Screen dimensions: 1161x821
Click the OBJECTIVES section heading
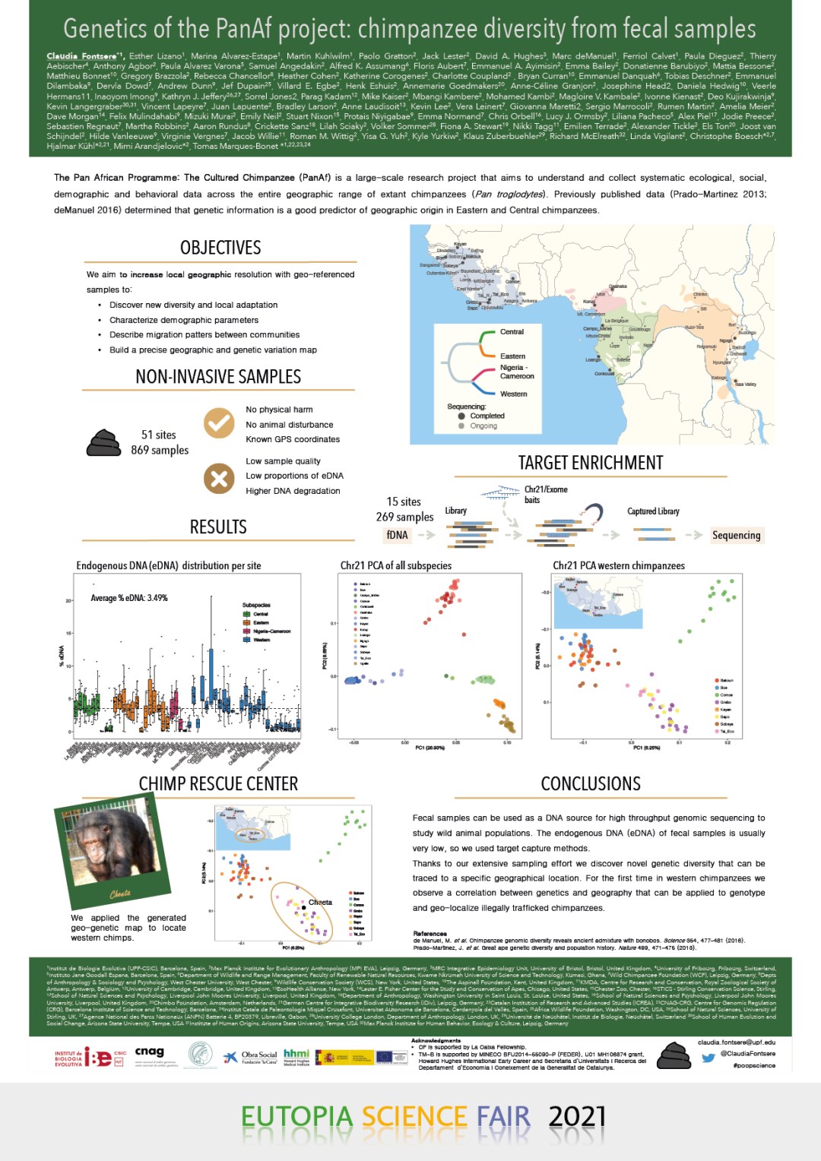point(220,248)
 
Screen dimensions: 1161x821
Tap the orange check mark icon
point(219,422)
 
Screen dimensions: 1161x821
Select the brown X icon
point(219,479)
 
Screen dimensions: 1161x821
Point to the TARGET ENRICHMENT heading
point(590,463)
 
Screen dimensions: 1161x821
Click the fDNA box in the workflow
point(397,535)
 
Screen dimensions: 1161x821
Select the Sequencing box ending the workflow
point(736,535)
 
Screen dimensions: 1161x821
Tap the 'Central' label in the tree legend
point(512,332)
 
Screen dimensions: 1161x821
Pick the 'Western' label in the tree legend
point(513,394)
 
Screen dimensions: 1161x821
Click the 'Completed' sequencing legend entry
point(487,416)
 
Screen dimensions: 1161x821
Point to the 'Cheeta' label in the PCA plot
point(320,902)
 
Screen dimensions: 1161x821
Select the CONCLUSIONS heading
point(590,783)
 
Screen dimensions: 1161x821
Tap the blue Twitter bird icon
point(708,1057)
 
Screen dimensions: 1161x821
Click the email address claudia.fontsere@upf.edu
point(736,1042)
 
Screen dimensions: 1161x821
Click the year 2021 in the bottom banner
point(577,1116)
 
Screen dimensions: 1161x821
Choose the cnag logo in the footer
point(150,1052)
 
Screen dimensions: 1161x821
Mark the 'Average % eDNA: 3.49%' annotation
point(129,598)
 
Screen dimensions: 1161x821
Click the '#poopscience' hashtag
point(754,1065)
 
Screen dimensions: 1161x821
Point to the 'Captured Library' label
point(653,511)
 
